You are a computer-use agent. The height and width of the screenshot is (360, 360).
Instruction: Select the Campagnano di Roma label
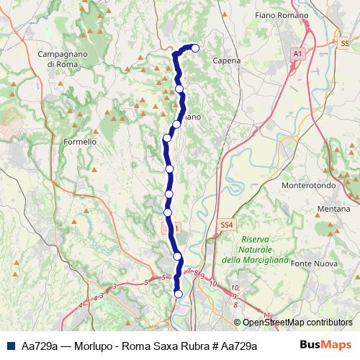[x=63, y=59]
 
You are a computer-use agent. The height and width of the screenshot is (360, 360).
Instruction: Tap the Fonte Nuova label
[x=318, y=264]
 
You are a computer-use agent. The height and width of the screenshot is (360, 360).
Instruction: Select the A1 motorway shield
[x=298, y=53]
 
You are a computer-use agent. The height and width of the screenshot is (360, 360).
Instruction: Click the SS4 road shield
[x=226, y=225]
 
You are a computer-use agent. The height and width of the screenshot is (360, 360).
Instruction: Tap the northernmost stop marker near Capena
[x=194, y=48]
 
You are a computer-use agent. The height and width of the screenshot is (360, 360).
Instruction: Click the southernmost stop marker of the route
[x=179, y=294]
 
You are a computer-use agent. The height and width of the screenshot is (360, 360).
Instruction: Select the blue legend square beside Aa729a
[x=12, y=346]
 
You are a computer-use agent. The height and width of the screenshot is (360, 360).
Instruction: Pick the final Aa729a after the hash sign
[x=238, y=346]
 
